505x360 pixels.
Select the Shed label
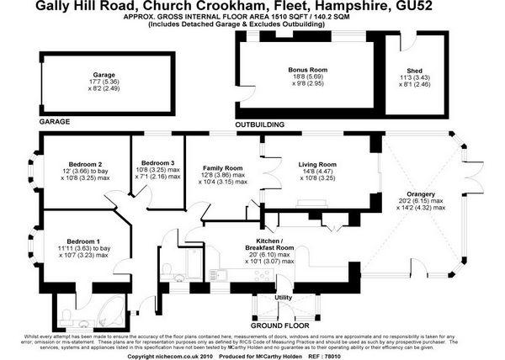click(x=414, y=71)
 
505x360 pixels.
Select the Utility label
click(x=283, y=297)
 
